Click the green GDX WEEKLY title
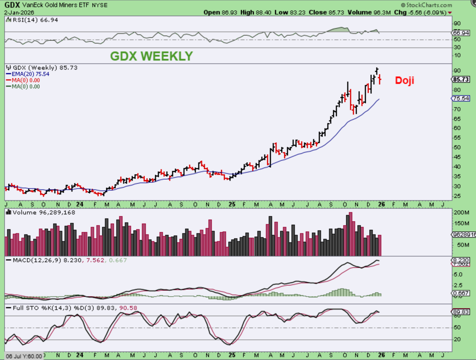click(151, 56)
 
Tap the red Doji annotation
click(404, 80)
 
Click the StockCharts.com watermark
click(427, 5)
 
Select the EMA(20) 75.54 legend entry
click(28, 74)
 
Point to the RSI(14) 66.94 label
click(32, 20)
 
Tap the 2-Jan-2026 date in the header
click(19, 13)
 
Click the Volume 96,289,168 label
click(40, 212)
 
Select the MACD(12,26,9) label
click(37, 260)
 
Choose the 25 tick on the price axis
click(457, 196)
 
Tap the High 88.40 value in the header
click(256, 13)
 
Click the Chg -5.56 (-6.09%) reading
click(423, 13)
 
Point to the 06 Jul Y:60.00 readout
click(24, 356)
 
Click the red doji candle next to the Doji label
click(380, 79)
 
